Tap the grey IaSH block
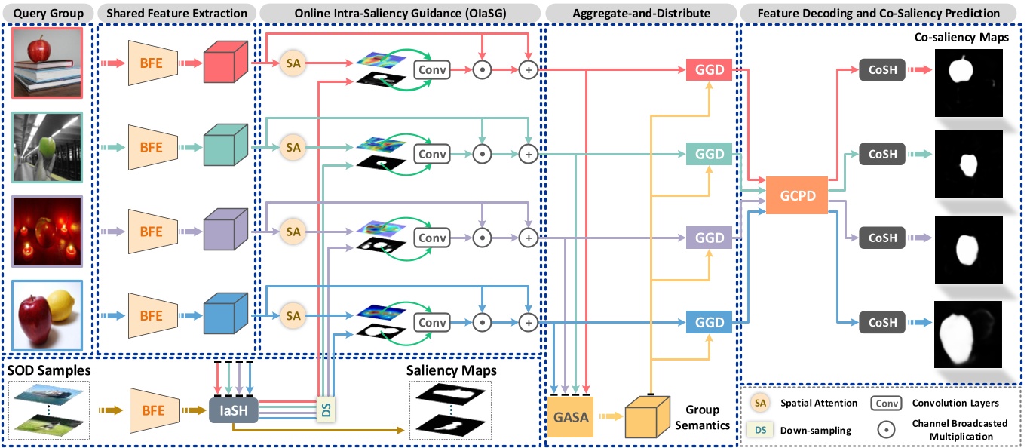tap(233, 410)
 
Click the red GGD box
tap(709, 70)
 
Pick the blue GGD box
tap(709, 323)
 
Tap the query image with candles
tap(51, 231)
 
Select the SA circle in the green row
tap(293, 147)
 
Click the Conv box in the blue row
tap(432, 323)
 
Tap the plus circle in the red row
tap(529, 70)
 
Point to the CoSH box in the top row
tap(882, 70)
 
